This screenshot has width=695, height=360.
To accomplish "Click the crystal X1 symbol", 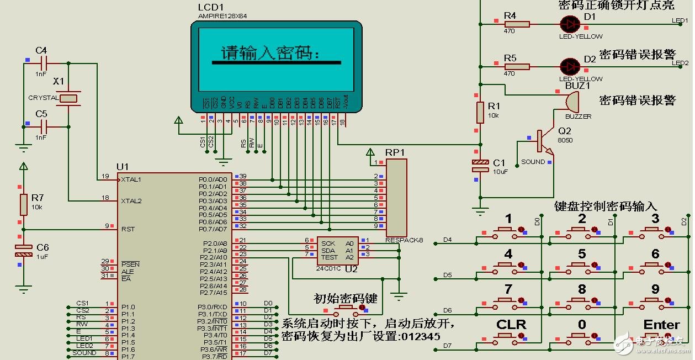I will click(68, 98).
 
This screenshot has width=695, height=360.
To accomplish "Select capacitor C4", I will click(41, 63).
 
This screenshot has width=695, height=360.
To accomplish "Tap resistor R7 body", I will click(23, 204).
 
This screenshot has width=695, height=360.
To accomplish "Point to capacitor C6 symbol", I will click(23, 250).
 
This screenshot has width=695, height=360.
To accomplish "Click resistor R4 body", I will click(517, 24).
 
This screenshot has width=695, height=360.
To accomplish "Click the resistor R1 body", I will click(480, 112).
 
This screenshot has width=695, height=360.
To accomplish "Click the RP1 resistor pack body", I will click(396, 197).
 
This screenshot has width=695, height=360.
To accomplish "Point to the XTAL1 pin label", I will click(131, 179).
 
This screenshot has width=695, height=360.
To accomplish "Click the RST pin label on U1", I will click(128, 229).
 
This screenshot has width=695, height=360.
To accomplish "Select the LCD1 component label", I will click(211, 7).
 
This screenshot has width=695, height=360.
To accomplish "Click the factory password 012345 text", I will click(421, 336).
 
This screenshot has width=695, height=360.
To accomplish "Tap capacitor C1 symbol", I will click(480, 165).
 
